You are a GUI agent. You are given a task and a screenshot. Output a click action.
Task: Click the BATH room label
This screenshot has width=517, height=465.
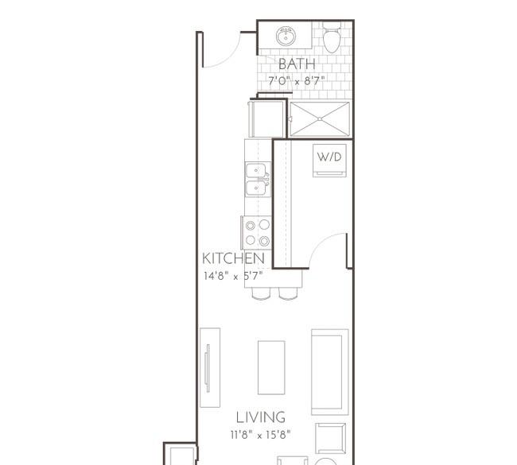click(297, 64)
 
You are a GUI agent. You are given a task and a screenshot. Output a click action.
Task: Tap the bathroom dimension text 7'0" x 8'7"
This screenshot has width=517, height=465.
click(297, 81)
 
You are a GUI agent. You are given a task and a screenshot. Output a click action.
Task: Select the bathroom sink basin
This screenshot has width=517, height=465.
click(286, 37)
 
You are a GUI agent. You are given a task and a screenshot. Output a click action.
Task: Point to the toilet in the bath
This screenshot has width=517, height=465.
click(332, 37)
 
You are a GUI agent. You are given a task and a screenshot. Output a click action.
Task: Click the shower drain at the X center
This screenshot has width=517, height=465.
click(320, 118)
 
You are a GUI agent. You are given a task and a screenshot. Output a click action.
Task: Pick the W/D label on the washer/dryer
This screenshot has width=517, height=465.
click(329, 157)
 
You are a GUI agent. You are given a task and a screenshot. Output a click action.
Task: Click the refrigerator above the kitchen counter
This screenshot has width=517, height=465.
click(266, 118)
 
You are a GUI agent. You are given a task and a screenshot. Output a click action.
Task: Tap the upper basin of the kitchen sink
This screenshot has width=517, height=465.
click(256, 171)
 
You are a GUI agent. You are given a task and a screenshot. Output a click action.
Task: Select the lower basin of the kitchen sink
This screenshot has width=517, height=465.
click(256, 188)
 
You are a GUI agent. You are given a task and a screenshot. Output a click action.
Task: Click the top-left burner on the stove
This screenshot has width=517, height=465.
click(251, 226)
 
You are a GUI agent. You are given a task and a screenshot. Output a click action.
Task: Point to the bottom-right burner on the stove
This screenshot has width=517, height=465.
click(264, 241)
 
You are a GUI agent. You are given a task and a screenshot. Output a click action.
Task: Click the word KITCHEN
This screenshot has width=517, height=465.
click(233, 258)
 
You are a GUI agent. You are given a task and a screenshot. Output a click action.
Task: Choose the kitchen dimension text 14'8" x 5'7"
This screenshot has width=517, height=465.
click(233, 276)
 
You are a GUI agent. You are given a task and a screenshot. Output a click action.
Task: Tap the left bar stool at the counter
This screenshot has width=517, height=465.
click(261, 293)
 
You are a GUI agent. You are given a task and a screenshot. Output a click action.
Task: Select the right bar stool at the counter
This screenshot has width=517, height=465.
click(288, 293)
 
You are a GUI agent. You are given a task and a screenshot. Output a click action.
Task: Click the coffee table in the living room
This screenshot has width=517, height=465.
click(271, 367)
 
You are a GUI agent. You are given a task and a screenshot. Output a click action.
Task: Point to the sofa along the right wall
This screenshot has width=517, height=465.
click(330, 372)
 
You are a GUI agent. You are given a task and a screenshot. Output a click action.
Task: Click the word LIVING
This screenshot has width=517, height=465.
click(260, 417)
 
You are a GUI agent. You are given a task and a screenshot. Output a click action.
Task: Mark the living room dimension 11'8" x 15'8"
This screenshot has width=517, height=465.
click(260, 435)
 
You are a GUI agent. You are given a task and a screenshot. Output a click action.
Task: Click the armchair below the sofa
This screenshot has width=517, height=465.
click(330, 438)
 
